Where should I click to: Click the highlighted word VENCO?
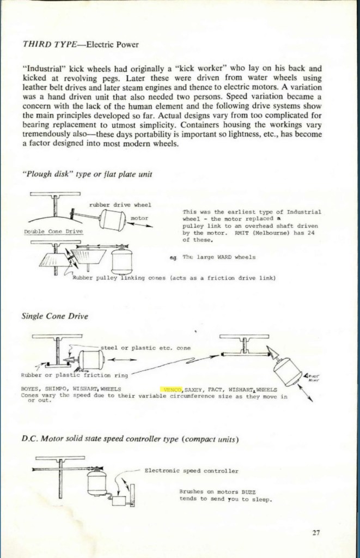172,390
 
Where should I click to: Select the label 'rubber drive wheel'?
120,205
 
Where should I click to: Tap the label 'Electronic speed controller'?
191,470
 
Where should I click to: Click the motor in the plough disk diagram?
113,221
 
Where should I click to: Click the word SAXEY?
194,390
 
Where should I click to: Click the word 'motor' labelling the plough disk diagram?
140,218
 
